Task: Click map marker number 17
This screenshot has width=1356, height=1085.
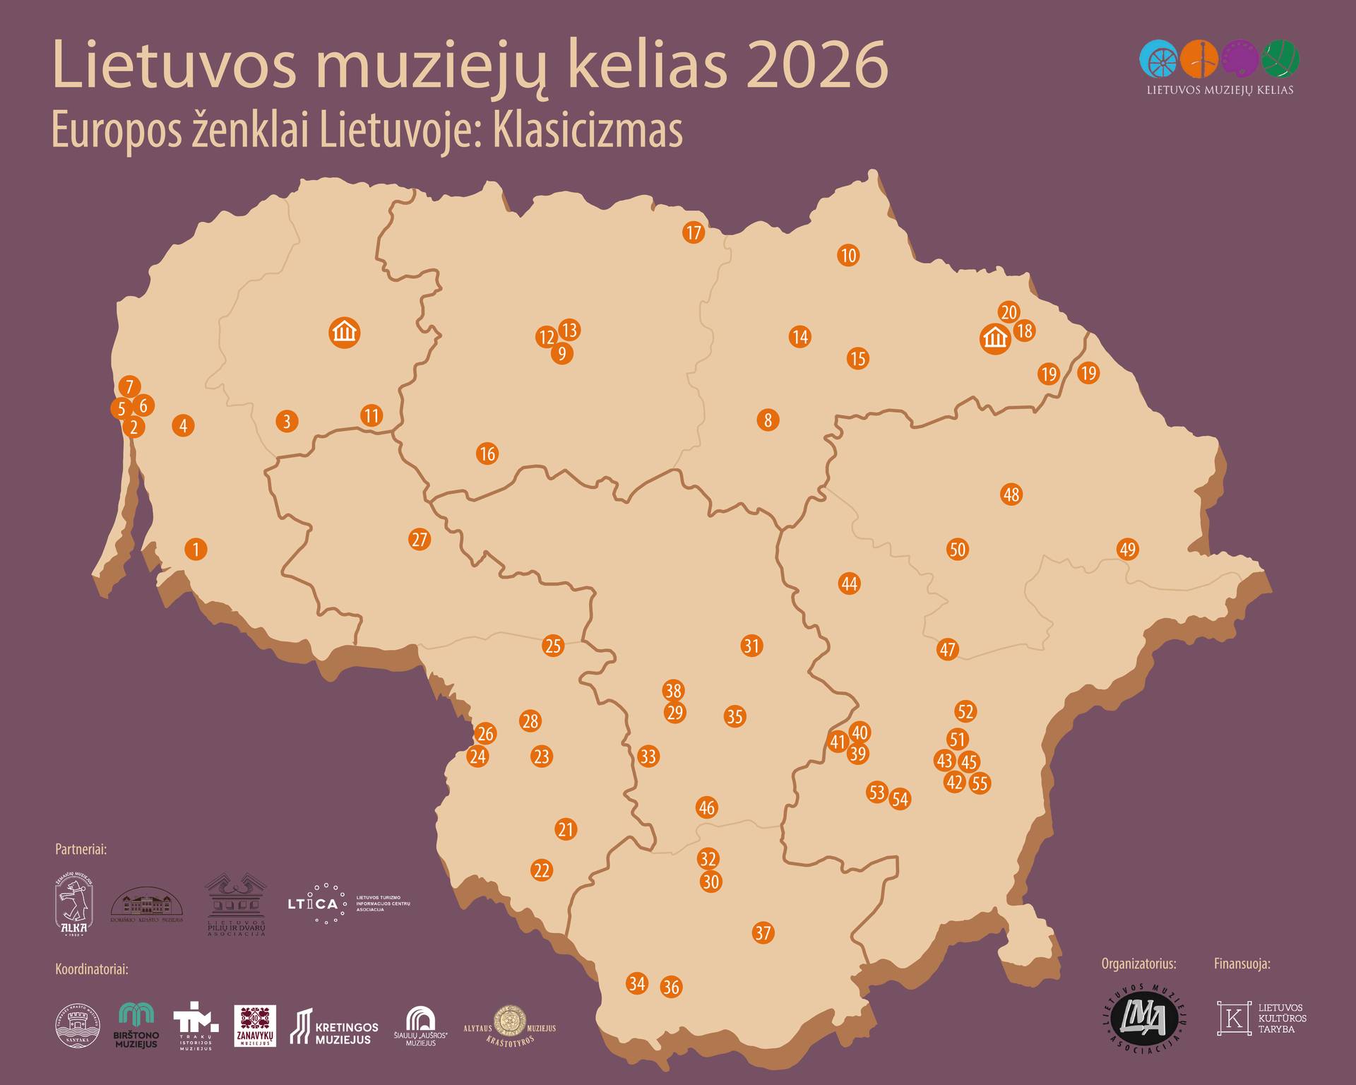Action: pyautogui.click(x=694, y=232)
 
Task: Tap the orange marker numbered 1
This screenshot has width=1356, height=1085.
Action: pyautogui.click(x=196, y=549)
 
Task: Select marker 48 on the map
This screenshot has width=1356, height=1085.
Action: pyautogui.click(x=1011, y=494)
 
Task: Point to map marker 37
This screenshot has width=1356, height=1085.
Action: pyautogui.click(x=763, y=932)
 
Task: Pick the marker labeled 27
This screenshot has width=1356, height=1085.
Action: pyautogui.click(x=420, y=540)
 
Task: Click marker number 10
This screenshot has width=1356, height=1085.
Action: pyautogui.click(x=848, y=255)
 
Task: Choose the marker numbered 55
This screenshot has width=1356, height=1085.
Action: pyautogui.click(x=980, y=783)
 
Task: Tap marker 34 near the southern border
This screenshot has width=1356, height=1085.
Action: pyautogui.click(x=637, y=983)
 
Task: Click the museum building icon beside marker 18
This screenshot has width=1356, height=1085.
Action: pyautogui.click(x=995, y=339)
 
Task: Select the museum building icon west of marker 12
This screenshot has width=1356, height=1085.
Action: pyautogui.click(x=345, y=332)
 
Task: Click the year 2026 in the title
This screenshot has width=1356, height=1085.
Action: pyautogui.click(x=816, y=67)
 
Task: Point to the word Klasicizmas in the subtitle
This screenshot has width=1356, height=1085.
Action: pyautogui.click(x=588, y=131)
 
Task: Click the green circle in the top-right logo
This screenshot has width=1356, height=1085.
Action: pyautogui.click(x=1280, y=59)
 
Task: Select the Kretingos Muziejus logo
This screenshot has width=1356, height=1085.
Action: pyautogui.click(x=334, y=1028)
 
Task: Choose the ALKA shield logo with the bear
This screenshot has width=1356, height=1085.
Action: pyautogui.click(x=74, y=906)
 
